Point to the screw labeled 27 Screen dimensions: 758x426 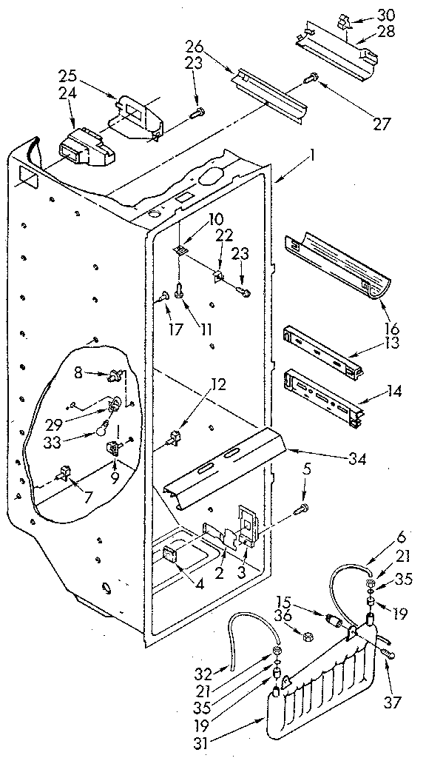(312, 76)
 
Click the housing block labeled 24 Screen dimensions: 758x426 (84, 150)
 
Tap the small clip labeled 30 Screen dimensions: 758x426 (345, 24)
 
